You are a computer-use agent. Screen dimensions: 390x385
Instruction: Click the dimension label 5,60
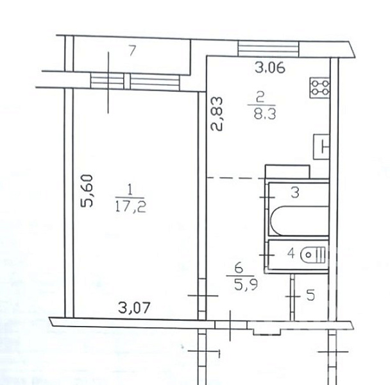point(87,191)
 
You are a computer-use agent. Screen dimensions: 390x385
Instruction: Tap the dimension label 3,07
point(134,307)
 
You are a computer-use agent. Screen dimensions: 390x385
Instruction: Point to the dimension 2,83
point(217,114)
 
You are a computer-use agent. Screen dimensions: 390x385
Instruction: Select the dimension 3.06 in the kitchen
point(270,67)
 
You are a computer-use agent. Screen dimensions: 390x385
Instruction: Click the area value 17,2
point(131,206)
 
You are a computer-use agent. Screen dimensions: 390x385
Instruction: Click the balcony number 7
point(132,51)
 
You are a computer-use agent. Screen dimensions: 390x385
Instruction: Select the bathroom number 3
point(295,193)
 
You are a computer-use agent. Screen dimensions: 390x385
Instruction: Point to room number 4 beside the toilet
point(291,253)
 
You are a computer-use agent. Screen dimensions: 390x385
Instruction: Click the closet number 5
point(310,295)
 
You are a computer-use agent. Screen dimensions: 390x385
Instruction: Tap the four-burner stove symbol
point(320,88)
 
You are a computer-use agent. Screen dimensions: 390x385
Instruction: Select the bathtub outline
point(300,221)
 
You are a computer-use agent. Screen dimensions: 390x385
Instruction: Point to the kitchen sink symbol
point(321,147)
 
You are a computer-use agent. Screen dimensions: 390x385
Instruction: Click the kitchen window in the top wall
point(268,49)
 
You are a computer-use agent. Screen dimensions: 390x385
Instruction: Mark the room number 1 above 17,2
point(130,190)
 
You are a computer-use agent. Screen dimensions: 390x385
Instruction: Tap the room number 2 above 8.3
point(260,98)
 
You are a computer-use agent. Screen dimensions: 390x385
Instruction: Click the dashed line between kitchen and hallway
point(237,178)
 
